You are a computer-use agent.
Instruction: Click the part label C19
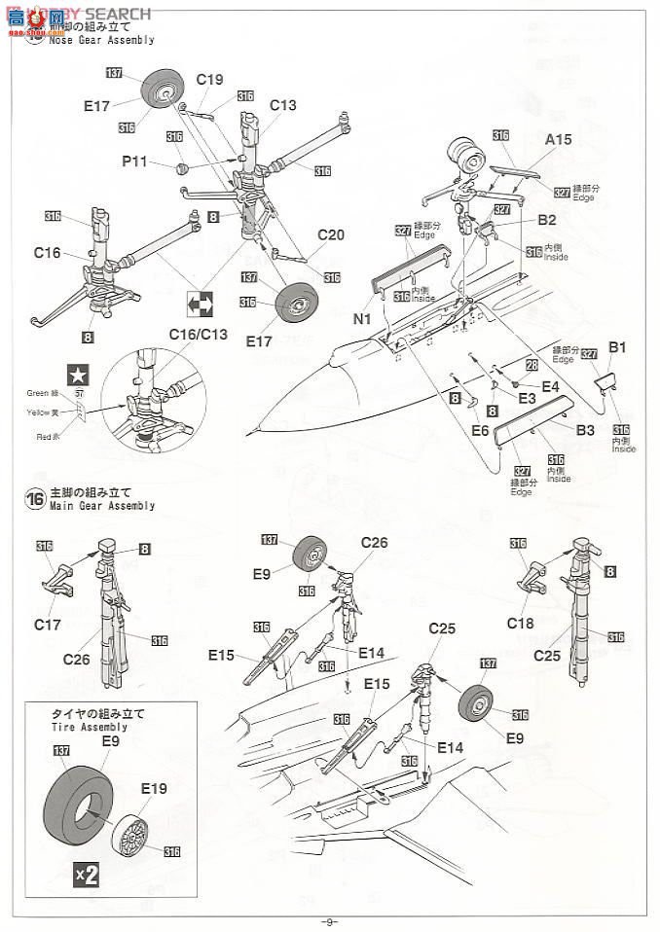[209, 81]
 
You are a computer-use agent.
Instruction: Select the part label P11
[134, 161]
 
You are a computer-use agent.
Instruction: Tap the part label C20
[331, 234]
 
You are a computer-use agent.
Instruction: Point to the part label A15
[558, 140]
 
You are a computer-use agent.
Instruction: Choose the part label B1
[617, 346]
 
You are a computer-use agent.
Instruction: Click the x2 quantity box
[87, 874]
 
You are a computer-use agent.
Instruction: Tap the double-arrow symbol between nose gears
[200, 305]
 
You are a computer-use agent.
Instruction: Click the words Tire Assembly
[89, 727]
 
